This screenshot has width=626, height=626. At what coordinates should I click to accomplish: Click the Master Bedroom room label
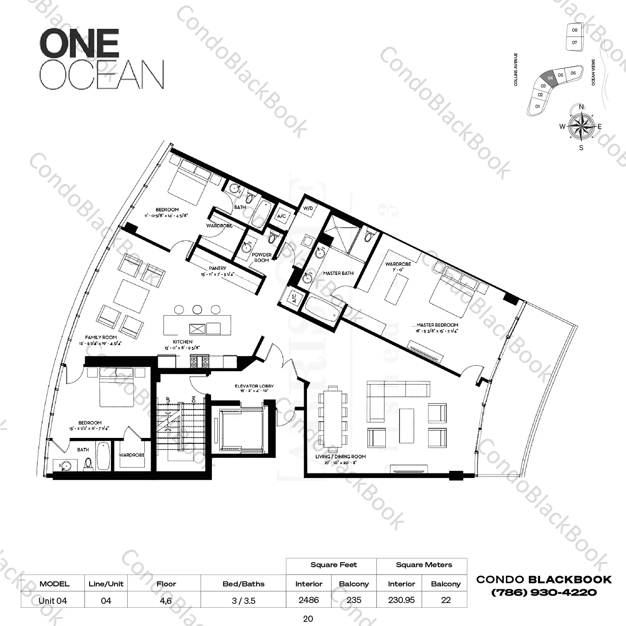437,325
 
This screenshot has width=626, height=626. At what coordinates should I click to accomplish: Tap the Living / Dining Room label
340,457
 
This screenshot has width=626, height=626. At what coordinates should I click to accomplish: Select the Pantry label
218,268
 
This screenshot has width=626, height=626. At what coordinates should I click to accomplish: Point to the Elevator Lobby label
254,386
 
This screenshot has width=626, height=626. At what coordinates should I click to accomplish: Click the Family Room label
101,337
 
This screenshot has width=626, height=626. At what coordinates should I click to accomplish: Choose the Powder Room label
261,257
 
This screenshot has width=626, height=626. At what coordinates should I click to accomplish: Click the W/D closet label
308,208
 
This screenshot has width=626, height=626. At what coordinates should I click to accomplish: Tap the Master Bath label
338,274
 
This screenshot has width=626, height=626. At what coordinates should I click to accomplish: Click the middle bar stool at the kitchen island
197,309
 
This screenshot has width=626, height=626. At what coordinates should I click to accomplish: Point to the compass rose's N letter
581,107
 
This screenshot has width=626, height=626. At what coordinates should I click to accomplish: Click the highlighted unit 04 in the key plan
550,78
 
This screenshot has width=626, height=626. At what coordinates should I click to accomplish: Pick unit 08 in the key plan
575,30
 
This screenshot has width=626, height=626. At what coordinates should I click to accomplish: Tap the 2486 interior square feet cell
309,600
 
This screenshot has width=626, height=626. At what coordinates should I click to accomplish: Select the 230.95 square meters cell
401,600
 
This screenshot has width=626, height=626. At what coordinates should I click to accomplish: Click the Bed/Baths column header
244,584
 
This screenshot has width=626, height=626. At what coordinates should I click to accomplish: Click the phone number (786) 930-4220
544,593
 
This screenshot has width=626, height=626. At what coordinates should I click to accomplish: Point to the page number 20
308,619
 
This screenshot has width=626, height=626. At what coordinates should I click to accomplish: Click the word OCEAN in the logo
102,75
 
